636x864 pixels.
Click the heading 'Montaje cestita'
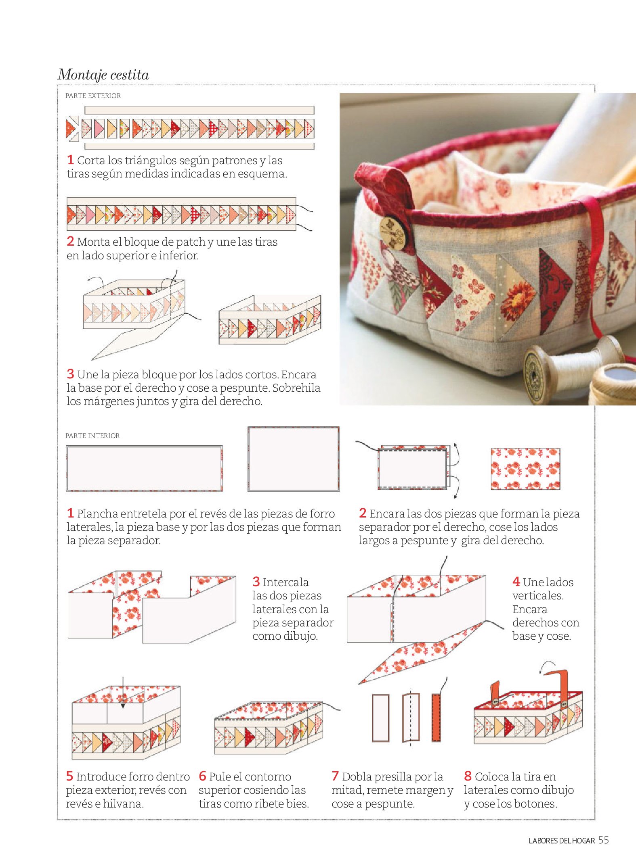(x=103, y=75)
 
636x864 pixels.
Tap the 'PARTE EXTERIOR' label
(x=93, y=96)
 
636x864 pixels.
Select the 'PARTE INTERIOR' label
(x=92, y=436)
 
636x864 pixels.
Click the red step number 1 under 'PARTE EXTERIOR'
(x=70, y=160)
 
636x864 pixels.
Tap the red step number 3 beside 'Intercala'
(x=256, y=582)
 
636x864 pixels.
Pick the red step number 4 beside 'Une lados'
(x=516, y=582)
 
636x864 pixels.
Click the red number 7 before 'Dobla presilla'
(x=335, y=776)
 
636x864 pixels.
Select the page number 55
(x=603, y=840)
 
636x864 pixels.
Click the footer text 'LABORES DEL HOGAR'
(x=562, y=841)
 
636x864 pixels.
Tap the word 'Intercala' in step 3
(x=285, y=582)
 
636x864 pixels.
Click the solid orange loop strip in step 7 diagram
(x=436, y=718)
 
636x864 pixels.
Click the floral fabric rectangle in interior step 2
(x=525, y=469)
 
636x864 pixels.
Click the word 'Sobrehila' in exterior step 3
(x=296, y=388)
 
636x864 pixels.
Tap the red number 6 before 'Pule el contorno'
(x=203, y=776)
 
